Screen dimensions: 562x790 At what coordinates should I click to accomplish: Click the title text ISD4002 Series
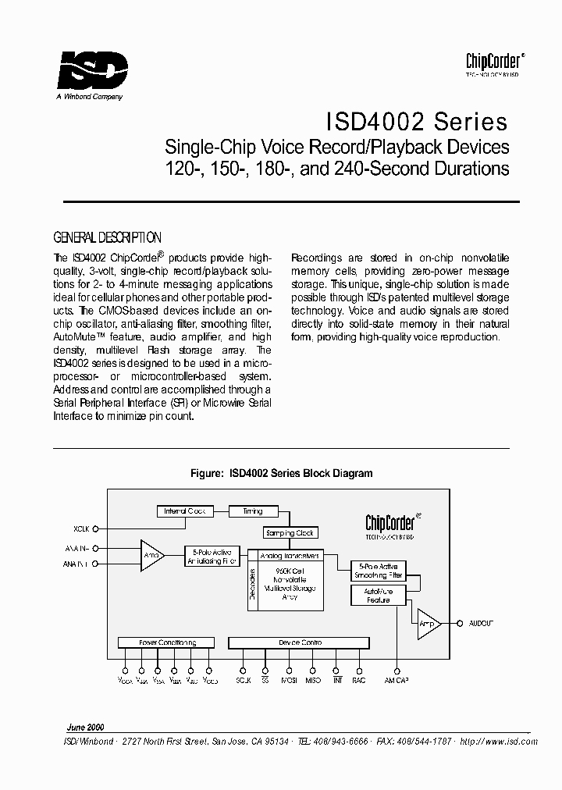coord(415,123)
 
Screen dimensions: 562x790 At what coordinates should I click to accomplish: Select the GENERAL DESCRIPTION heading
coord(107,237)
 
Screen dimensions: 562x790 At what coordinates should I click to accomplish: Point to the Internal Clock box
coord(184,511)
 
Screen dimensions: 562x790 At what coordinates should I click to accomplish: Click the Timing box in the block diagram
coord(253,511)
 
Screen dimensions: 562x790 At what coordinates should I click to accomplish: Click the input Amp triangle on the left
coord(151,555)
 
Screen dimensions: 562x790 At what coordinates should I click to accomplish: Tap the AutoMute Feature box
coord(378,596)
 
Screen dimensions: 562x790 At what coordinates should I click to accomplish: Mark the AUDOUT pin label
coord(481,623)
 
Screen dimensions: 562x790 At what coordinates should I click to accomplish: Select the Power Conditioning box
coord(167,642)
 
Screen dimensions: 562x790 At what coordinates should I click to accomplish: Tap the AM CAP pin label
coord(397,681)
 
